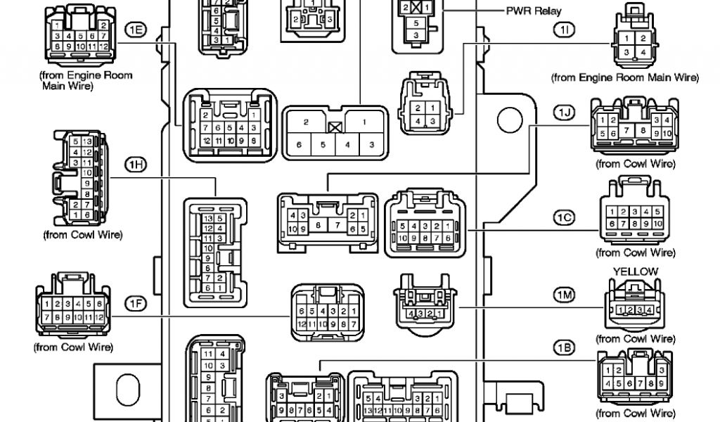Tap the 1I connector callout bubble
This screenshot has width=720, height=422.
tap(565, 29)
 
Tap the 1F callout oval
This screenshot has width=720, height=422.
tap(135, 303)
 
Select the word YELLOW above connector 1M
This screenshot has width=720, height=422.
tap(635, 271)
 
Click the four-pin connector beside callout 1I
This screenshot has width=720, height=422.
tap(634, 35)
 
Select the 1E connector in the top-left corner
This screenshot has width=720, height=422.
tap(77, 32)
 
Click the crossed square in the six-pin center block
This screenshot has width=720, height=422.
tap(334, 128)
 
